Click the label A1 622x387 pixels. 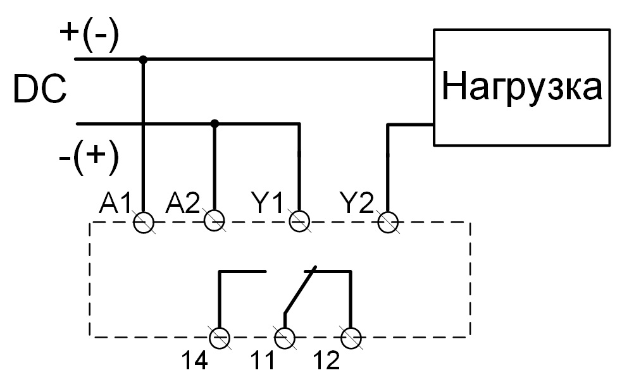(x=115, y=203)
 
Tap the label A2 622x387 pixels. (x=183, y=203)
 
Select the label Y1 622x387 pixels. (x=268, y=203)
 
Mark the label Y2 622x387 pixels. (x=357, y=203)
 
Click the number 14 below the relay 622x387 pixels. (x=194, y=361)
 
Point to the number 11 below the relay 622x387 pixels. (x=262, y=361)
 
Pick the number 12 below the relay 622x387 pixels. (x=327, y=361)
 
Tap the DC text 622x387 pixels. (x=40, y=90)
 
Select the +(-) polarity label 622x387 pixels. (x=89, y=35)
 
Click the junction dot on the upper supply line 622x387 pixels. (x=143, y=59)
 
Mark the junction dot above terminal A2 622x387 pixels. (x=215, y=124)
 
